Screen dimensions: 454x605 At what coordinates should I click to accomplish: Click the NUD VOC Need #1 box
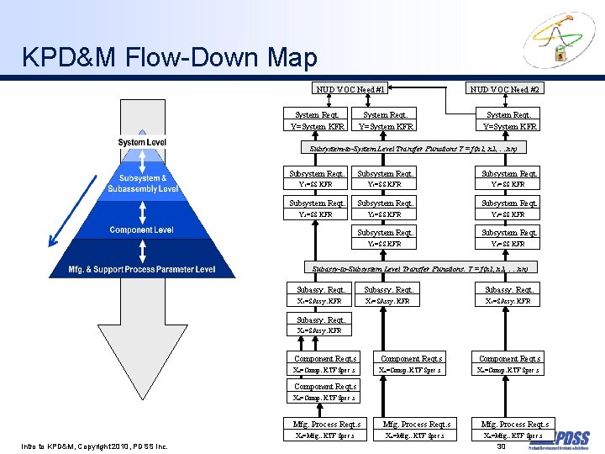(x=350, y=89)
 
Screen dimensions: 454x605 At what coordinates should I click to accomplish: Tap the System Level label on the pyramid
(x=142, y=142)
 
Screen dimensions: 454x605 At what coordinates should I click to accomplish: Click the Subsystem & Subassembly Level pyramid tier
(x=142, y=183)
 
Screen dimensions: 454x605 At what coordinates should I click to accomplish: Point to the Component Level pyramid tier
(x=142, y=230)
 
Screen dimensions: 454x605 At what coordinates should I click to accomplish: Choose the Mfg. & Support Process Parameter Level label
(x=142, y=270)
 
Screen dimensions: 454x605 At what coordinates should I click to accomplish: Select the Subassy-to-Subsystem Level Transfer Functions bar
(x=419, y=269)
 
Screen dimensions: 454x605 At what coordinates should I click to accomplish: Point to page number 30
(x=501, y=446)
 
